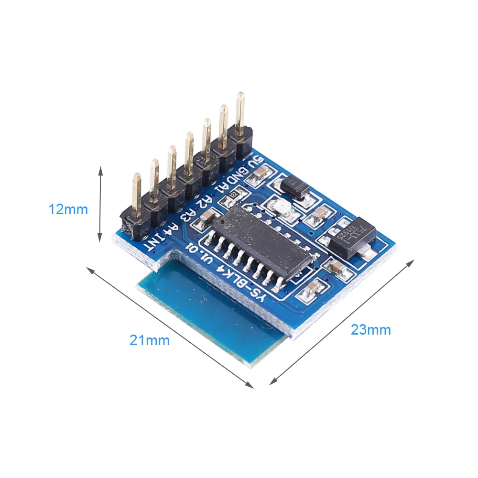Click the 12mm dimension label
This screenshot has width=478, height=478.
pyautogui.click(x=68, y=209)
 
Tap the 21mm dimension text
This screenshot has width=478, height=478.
pyautogui.click(x=150, y=341)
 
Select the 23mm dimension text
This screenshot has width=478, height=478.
pyautogui.click(x=371, y=330)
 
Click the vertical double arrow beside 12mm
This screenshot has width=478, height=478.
pyautogui.click(x=100, y=204)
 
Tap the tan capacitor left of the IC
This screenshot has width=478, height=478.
pyautogui.click(x=207, y=218)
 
